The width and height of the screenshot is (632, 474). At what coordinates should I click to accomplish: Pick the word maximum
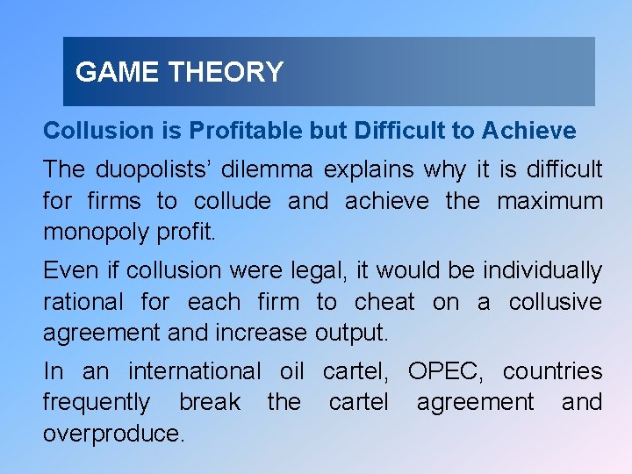550,201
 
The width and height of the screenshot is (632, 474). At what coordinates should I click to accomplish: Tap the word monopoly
90,233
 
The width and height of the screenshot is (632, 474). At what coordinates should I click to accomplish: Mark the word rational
83,303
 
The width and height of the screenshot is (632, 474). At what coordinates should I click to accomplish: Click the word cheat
384,303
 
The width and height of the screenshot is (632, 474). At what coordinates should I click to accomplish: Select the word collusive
556,303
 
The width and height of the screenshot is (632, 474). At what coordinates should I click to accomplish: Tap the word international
195,371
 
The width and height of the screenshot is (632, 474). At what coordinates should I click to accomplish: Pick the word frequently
97,403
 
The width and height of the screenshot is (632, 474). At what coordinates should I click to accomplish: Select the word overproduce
114,434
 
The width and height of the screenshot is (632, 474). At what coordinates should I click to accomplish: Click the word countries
552,371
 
